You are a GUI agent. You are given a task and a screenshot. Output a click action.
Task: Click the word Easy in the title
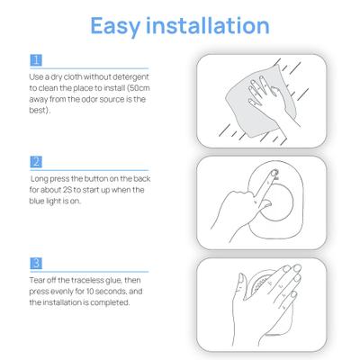coord(115,26)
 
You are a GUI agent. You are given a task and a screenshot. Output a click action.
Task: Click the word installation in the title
coord(207,25)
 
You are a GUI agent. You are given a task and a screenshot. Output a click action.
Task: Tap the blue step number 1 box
coord(36,60)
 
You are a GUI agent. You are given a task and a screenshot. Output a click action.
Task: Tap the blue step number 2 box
coord(36,162)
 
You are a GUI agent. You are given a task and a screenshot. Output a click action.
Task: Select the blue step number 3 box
coord(36,264)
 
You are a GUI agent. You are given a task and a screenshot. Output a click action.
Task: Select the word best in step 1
coord(39,110)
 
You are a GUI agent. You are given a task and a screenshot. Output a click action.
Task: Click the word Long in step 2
coord(40,179)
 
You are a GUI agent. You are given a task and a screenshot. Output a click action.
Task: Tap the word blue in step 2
coord(37,201)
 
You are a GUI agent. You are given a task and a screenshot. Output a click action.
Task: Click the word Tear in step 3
coord(37,280)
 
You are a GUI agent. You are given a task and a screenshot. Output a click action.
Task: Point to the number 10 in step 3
coord(90,292)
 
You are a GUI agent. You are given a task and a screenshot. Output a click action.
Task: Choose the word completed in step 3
coord(110,303)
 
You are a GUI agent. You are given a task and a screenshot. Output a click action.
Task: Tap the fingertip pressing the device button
coord(274,173)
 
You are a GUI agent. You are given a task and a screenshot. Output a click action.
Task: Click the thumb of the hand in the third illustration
coord(240,283)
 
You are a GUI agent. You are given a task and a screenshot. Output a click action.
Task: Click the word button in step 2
coord(96,179)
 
